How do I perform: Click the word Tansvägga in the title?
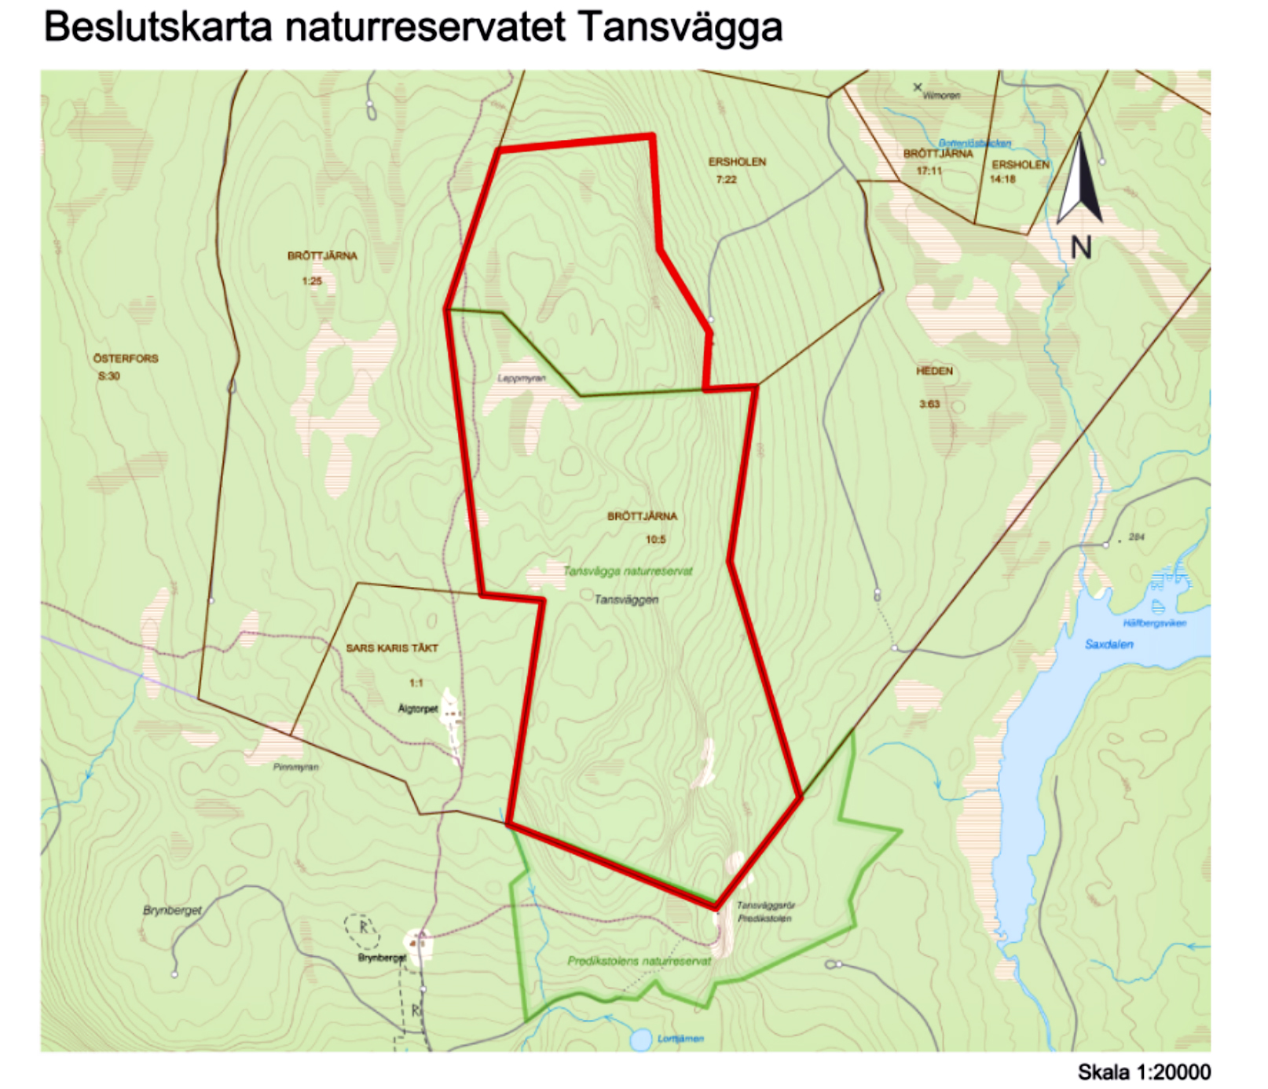pyautogui.click(x=680, y=28)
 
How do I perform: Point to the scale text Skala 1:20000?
pyautogui.click(x=1143, y=1072)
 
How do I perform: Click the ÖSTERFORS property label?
pyautogui.click(x=126, y=358)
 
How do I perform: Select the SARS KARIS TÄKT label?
pyautogui.click(x=392, y=648)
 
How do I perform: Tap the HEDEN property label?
pyautogui.click(x=933, y=371)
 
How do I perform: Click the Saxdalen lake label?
pyautogui.click(x=1109, y=644)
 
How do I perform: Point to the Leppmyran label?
pyautogui.click(x=521, y=378)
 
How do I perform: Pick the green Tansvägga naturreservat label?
pyautogui.click(x=628, y=571)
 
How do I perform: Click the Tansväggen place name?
pyautogui.click(x=626, y=599)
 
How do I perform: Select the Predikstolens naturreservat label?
pyautogui.click(x=639, y=961)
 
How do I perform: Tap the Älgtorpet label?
pyautogui.click(x=418, y=709)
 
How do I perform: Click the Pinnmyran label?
pyautogui.click(x=295, y=767)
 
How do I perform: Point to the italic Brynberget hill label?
pyautogui.click(x=172, y=910)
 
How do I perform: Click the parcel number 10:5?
pyautogui.click(x=655, y=540)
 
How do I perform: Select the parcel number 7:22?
pyautogui.click(x=726, y=180)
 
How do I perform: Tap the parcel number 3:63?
pyautogui.click(x=929, y=405)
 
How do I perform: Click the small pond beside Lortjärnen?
pyautogui.click(x=641, y=1039)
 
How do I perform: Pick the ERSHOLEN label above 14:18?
pyautogui.click(x=1020, y=165)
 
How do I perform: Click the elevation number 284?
pyautogui.click(x=1136, y=537)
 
